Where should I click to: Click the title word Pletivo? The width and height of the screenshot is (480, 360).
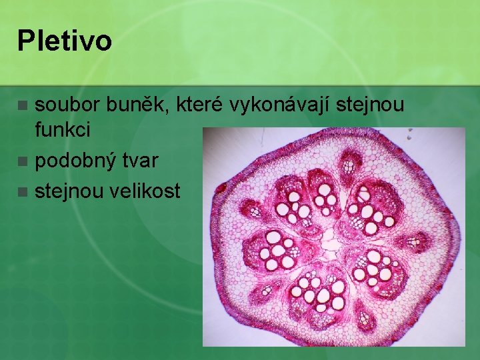click(x=65, y=41)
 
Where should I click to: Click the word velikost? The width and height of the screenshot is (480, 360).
click(x=147, y=192)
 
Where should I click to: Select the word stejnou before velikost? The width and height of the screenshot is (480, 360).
click(x=70, y=192)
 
